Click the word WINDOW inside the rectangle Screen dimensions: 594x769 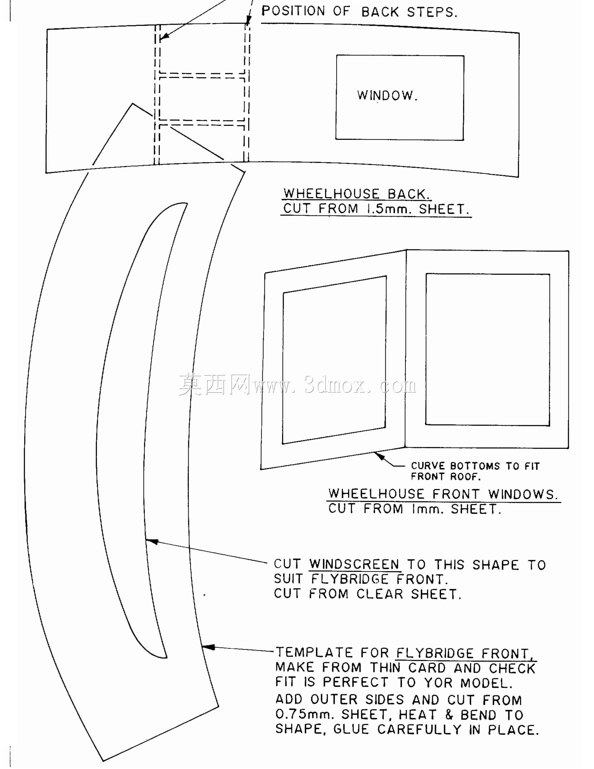(x=387, y=95)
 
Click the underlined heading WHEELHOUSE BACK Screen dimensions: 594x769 (x=357, y=194)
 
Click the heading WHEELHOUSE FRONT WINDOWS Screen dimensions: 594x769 (x=443, y=494)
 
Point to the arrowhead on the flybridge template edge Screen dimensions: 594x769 (x=208, y=647)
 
